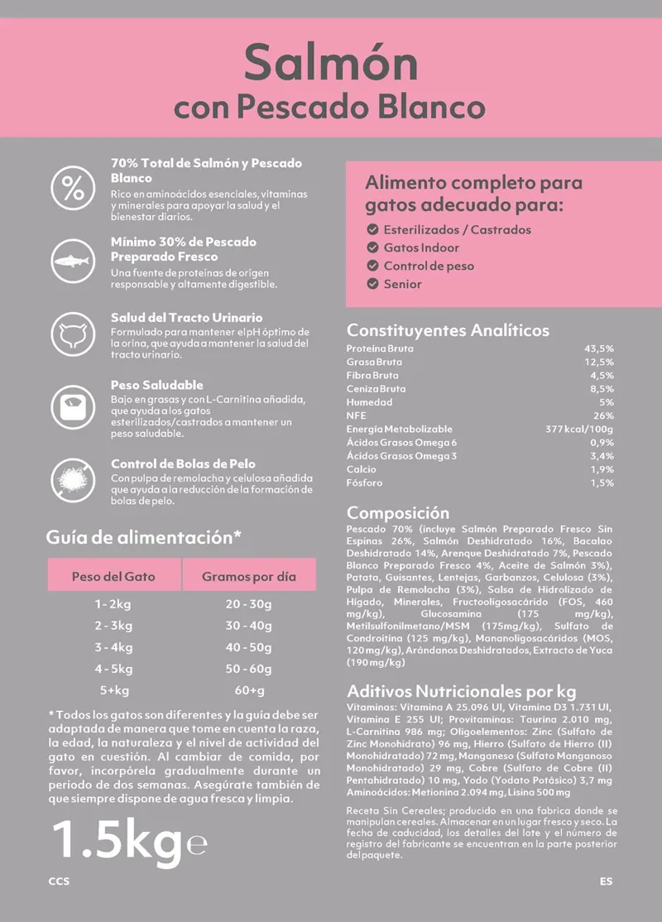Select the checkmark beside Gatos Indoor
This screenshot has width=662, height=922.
(x=372, y=247)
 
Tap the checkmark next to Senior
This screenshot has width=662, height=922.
(x=372, y=284)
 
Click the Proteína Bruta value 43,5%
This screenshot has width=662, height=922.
(x=598, y=348)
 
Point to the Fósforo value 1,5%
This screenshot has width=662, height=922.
(x=602, y=483)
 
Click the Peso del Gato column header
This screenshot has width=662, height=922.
(x=113, y=575)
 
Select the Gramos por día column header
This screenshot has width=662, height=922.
(x=248, y=576)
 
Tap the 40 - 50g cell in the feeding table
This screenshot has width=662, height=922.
(x=248, y=647)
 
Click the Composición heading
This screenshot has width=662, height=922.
(x=398, y=512)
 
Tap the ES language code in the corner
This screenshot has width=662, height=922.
(x=607, y=881)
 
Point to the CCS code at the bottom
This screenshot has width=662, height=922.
(x=59, y=881)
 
